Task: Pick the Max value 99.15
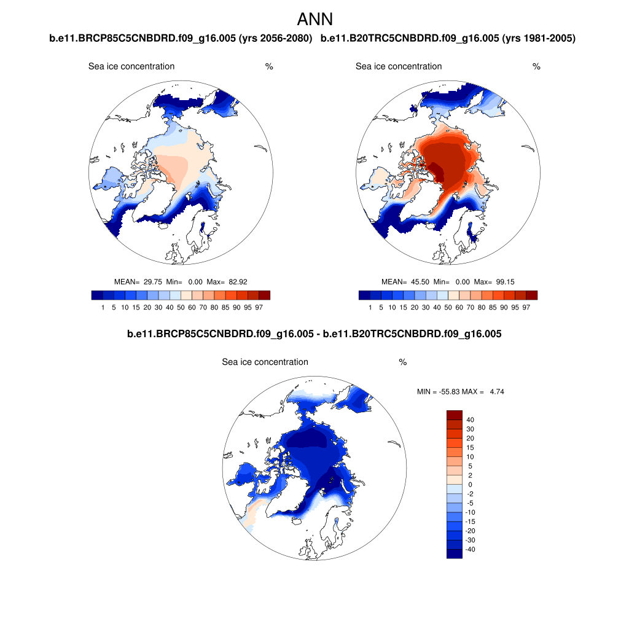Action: coord(504,282)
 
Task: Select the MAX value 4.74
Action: coord(496,391)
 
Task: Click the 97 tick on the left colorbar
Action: coord(259,307)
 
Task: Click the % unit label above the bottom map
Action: coord(403,362)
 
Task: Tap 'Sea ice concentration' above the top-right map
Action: coord(399,66)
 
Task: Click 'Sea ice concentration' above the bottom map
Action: coord(265,362)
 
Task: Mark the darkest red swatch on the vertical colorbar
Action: coord(454,415)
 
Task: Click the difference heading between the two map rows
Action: coord(314,334)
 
